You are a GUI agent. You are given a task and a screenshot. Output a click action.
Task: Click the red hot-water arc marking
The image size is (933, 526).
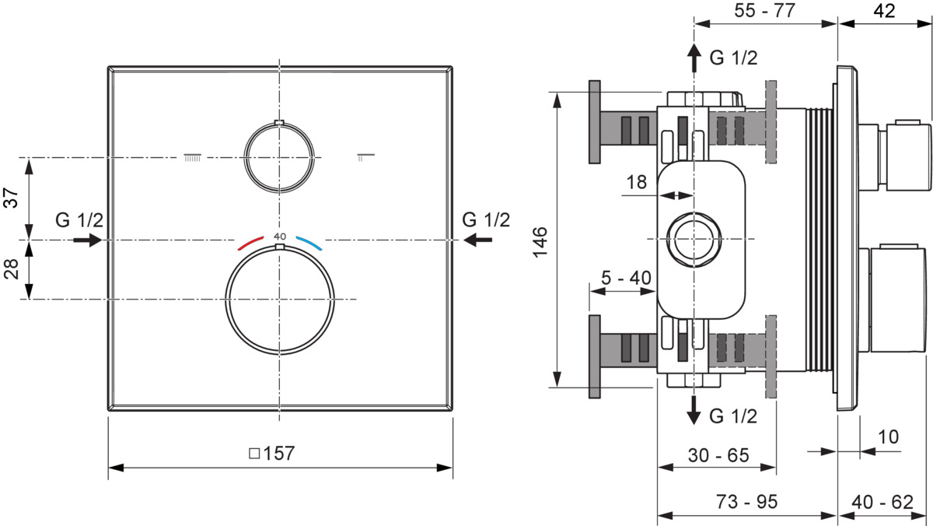[x=250, y=243]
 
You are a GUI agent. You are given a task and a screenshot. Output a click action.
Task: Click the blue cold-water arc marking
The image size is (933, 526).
[x=309, y=243]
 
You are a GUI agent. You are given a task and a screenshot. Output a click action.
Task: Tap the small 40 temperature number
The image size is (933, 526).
[x=280, y=237]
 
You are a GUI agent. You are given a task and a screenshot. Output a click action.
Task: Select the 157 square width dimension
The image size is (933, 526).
[x=272, y=453]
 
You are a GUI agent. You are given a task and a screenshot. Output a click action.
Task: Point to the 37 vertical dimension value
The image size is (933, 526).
[x=11, y=198]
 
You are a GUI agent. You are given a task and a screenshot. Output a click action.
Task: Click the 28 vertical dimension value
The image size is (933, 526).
[x=11, y=268]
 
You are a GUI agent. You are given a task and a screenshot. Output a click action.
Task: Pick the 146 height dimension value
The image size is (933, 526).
[x=540, y=242]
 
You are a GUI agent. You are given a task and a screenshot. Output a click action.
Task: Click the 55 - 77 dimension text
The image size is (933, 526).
[x=765, y=10]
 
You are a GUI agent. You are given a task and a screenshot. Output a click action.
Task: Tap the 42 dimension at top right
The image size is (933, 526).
[x=884, y=10]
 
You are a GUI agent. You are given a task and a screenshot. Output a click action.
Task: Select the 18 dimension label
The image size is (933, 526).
[x=637, y=182]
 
